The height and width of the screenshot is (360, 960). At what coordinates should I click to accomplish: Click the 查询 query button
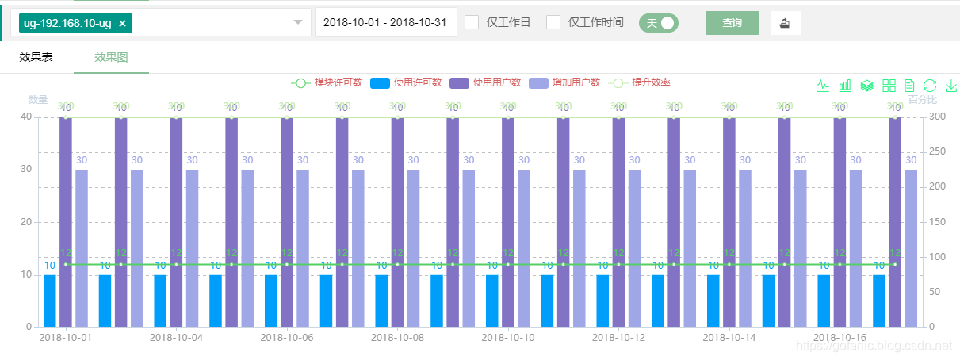732,23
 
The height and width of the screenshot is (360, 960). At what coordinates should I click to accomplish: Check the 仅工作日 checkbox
472,22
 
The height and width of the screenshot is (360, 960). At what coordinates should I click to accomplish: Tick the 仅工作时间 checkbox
553,22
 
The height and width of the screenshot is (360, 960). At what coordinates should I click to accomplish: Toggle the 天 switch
659,23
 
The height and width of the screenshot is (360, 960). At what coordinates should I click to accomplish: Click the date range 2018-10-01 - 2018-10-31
385,23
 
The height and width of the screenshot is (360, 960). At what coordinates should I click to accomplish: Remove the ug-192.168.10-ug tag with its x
122,24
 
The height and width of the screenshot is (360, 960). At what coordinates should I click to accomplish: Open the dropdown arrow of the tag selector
298,23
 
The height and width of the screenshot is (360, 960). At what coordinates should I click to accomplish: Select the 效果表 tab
36,57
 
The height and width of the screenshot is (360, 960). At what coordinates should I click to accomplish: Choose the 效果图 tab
111,57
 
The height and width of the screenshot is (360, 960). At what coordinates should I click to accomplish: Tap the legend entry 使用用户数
485,82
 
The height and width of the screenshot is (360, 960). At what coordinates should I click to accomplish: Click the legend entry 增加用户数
564,82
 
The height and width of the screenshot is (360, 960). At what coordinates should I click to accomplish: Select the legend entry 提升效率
639,82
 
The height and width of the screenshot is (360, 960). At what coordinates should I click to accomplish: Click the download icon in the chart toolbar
951,86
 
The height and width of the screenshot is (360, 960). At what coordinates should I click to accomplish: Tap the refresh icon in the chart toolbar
931,86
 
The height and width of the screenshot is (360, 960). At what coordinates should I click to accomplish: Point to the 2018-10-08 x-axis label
397,337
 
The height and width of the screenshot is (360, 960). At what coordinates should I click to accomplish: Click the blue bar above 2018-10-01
50,301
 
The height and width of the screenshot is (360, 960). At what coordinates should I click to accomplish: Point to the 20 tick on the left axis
27,222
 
